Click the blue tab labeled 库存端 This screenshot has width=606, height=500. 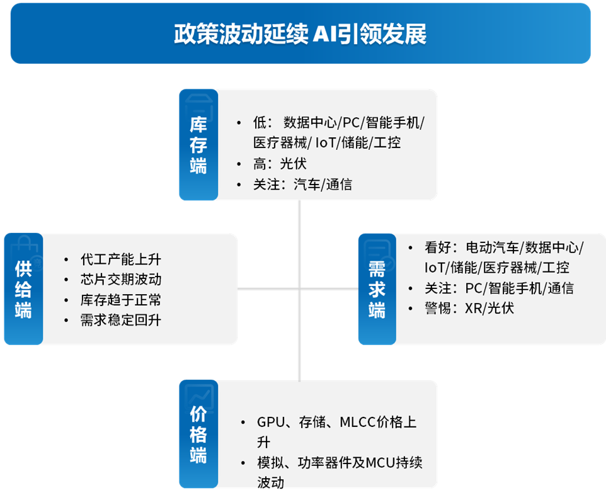pyautogui.click(x=198, y=145)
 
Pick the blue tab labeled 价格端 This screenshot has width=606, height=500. pyautogui.click(x=198, y=435)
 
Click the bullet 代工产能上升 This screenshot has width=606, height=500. pyautogui.click(x=121, y=259)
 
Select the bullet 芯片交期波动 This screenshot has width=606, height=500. pyautogui.click(x=121, y=279)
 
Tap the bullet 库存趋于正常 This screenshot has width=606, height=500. pyautogui.click(x=121, y=299)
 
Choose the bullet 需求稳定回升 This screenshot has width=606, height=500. pyautogui.click(x=121, y=320)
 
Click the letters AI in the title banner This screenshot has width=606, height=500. pyautogui.click(x=324, y=34)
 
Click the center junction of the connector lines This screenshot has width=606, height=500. pyautogui.click(x=300, y=289)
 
